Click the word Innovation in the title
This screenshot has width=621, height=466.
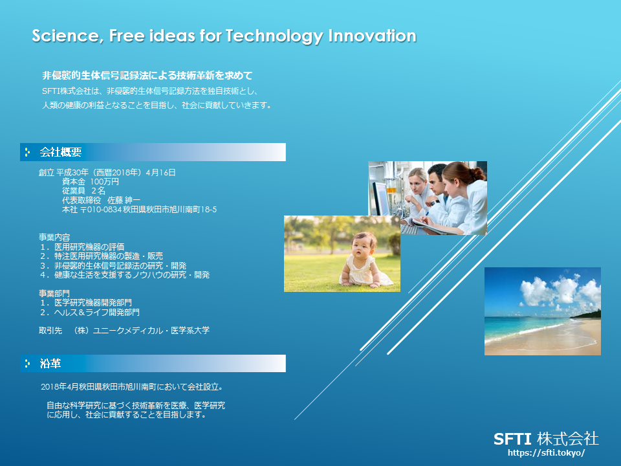click(373, 36)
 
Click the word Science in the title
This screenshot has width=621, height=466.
click(65, 36)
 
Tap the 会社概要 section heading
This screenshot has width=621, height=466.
click(61, 152)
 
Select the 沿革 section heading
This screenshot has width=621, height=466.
click(50, 363)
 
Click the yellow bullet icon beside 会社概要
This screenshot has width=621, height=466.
click(27, 152)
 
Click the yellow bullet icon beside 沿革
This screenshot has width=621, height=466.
click(27, 363)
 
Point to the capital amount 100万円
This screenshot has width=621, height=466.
click(105, 181)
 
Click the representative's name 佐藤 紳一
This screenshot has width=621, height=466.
click(124, 200)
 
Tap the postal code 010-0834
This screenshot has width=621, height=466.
click(104, 210)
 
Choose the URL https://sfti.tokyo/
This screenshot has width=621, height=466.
click(546, 452)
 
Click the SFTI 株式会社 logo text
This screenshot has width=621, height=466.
click(546, 439)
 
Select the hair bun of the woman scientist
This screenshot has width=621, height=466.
click(477, 173)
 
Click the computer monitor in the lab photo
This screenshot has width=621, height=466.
click(381, 198)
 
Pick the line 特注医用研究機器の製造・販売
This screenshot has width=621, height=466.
click(109, 256)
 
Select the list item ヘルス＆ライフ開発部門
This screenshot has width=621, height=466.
click(96, 312)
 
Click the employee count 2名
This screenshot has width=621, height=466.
click(98, 190)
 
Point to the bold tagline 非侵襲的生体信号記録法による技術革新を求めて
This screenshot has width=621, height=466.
click(147, 75)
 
